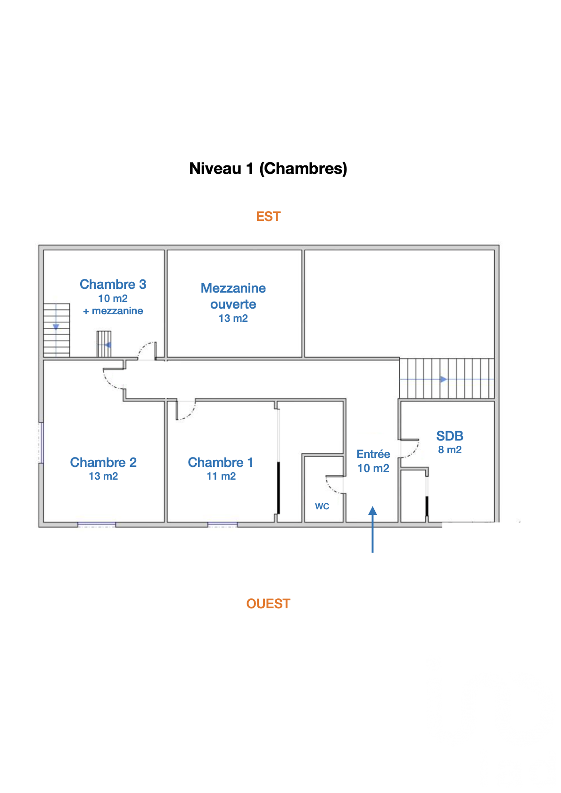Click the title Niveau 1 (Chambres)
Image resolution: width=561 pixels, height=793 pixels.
tap(268, 169)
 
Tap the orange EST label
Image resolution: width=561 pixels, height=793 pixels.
tap(268, 217)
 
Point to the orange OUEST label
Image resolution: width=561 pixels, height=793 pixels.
tap(268, 604)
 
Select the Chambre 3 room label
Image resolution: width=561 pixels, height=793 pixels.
tap(113, 285)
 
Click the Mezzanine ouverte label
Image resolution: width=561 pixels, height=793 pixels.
tap(233, 296)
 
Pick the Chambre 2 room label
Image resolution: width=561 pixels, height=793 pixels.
tap(103, 463)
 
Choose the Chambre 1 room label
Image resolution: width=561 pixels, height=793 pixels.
tap(221, 463)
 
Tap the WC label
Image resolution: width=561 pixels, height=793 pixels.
tap(322, 507)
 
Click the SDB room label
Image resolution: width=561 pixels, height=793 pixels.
tap(450, 436)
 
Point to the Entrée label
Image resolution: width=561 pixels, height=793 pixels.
tap(373, 454)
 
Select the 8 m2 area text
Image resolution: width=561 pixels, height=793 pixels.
tap(450, 450)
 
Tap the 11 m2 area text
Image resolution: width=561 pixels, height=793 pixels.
tap(221, 476)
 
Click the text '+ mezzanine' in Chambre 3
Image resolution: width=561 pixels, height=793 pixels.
tap(113, 311)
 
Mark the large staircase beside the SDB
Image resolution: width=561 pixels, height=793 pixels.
tap(446, 379)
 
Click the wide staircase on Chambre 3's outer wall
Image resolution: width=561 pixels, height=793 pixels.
tap(57, 330)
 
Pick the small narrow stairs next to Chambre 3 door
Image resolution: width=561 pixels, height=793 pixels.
tap(104, 344)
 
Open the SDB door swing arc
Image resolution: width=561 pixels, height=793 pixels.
tap(410, 449)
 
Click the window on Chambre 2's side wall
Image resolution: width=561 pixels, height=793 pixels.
tap(41, 442)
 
